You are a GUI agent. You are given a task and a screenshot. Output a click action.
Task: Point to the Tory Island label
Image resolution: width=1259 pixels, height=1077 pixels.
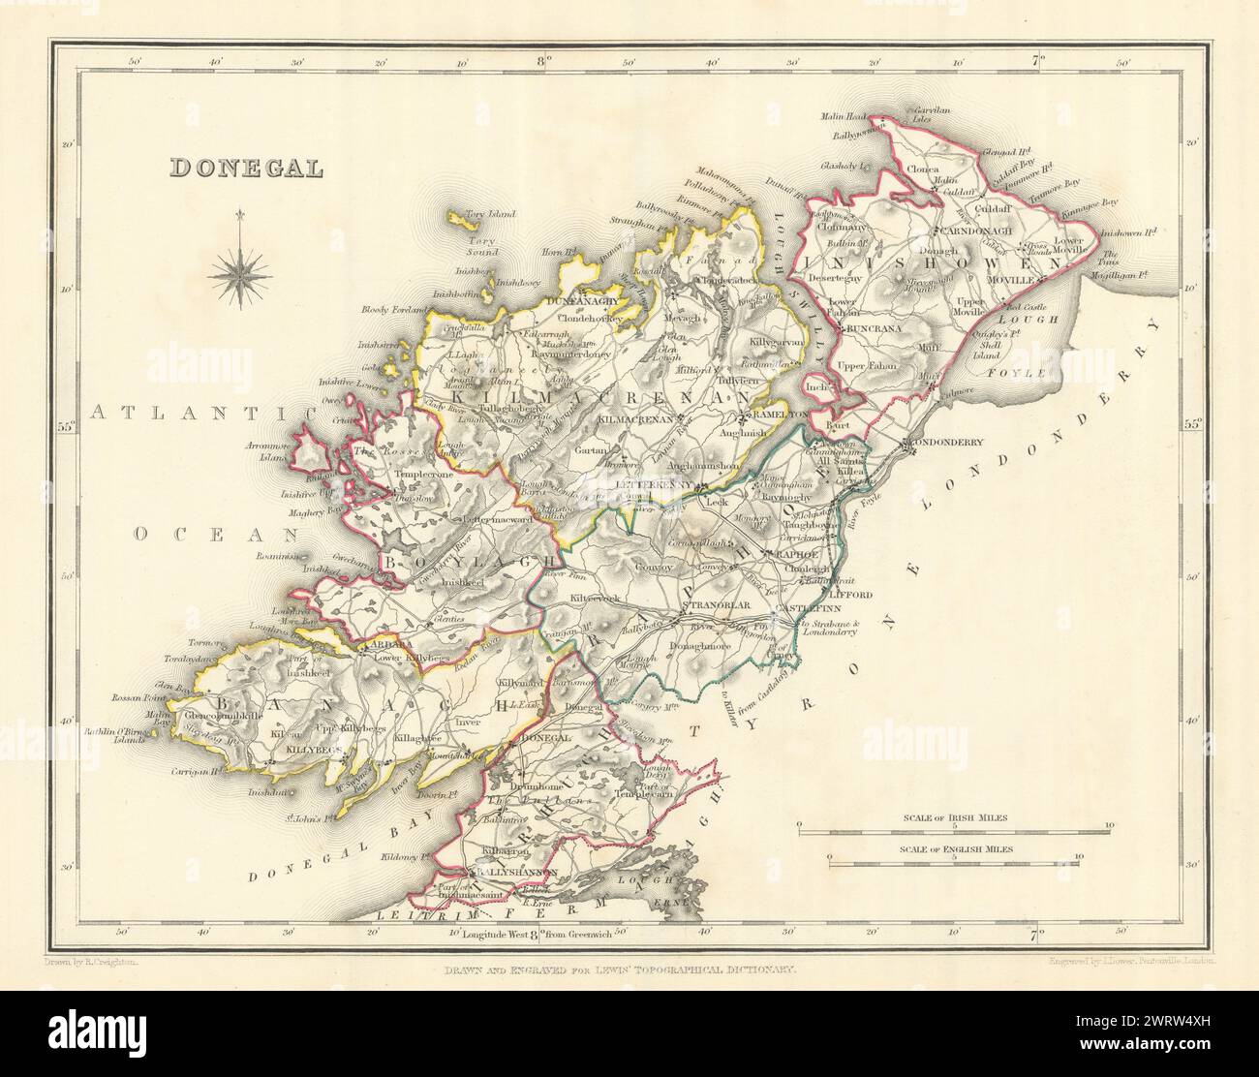[491, 213]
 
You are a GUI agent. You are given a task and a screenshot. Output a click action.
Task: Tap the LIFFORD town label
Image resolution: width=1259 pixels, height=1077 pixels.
[853, 593]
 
